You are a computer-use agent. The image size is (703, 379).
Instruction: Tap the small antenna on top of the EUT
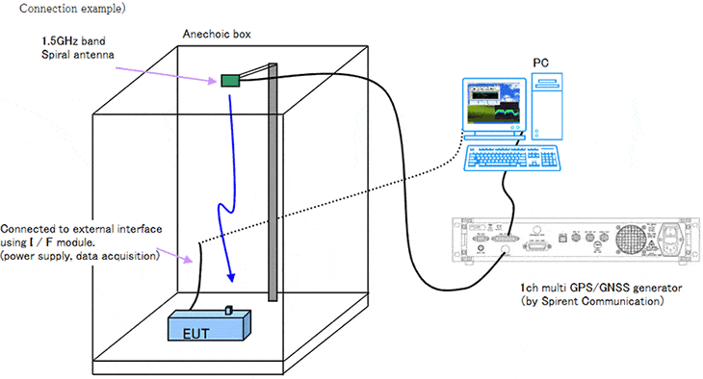tap(229, 309)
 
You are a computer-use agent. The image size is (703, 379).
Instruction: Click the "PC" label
tap(542, 63)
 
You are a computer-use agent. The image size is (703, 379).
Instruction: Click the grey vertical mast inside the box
tap(273, 183)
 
